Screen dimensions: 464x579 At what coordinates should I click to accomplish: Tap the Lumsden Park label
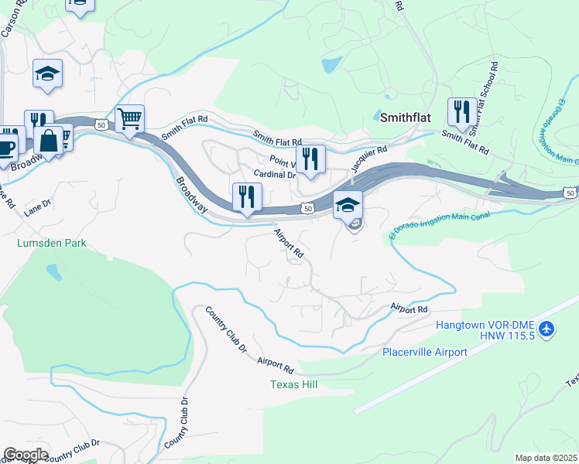point(51,243)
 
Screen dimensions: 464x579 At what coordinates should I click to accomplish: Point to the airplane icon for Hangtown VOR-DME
point(547,329)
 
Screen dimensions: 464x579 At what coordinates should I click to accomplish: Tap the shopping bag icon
point(49,141)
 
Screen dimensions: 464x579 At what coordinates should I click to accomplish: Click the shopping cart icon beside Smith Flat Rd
point(129,118)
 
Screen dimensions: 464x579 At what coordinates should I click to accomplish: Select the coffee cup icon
point(6,146)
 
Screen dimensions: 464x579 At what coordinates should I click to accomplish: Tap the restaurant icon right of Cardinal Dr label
point(310,159)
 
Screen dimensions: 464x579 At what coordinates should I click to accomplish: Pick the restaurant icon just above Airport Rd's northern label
point(247,196)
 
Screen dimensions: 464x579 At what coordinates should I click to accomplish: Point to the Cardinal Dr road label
point(276,175)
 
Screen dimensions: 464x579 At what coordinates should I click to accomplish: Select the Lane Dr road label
point(36,207)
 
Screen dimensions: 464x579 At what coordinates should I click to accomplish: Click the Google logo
point(26,454)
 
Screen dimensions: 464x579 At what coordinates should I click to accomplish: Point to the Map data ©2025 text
point(545,458)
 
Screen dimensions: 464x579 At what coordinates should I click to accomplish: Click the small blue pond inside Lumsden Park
point(53,271)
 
